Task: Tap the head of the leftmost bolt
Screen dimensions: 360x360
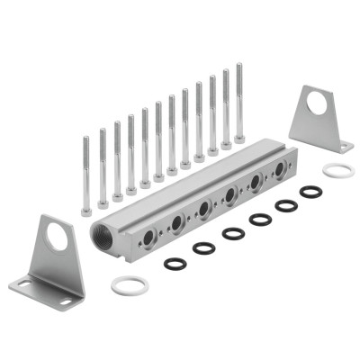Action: coord(85,211)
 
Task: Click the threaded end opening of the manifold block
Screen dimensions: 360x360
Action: coord(108,238)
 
